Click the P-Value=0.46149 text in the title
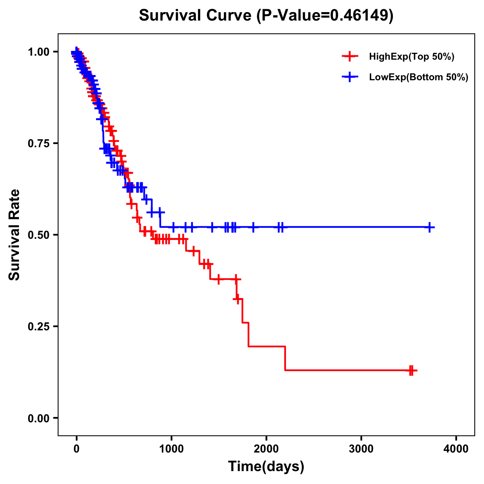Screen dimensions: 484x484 click(x=325, y=15)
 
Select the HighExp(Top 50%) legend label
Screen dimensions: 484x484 click(x=411, y=57)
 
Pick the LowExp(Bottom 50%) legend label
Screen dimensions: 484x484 click(x=419, y=77)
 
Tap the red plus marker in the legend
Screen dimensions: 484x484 click(x=350, y=57)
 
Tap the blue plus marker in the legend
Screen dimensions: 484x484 click(x=350, y=77)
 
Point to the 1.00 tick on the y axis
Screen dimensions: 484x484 click(x=38, y=52)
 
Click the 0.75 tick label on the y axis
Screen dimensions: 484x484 click(x=38, y=143)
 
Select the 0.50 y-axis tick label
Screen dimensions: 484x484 click(x=38, y=235)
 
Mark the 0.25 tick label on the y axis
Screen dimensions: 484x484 click(x=38, y=326)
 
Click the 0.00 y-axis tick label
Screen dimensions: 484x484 click(x=38, y=418)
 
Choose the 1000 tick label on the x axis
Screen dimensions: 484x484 click(x=171, y=449)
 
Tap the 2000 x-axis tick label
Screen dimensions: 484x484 click(x=266, y=449)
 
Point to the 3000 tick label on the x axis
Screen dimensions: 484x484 click(x=361, y=449)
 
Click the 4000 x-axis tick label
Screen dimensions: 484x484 click(x=456, y=449)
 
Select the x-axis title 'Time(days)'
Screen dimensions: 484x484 click(x=266, y=467)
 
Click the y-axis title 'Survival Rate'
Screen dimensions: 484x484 click(x=15, y=234)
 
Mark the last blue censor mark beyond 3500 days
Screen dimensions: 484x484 click(x=430, y=227)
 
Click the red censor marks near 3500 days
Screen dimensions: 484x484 click(x=411, y=370)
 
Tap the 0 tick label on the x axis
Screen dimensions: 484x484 click(x=76, y=449)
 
